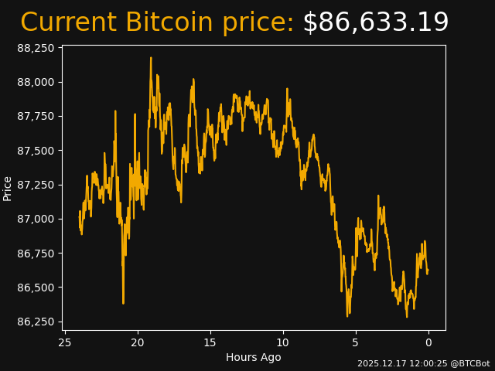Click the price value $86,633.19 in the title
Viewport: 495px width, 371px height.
click(375, 23)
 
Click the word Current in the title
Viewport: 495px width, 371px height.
click(68, 23)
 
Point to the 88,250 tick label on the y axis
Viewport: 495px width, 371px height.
click(36, 48)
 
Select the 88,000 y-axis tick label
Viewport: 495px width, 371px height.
click(36, 82)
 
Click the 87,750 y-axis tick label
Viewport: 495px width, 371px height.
click(36, 116)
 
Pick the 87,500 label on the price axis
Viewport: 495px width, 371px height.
click(36, 151)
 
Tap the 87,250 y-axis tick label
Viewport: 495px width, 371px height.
click(36, 185)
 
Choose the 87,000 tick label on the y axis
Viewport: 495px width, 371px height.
click(36, 219)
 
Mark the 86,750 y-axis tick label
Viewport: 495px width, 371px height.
click(36, 254)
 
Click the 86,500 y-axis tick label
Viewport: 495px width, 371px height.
click(36, 288)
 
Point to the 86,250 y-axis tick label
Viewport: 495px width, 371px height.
click(36, 322)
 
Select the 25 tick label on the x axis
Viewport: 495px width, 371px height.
click(65, 342)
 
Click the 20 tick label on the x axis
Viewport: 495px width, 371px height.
click(138, 342)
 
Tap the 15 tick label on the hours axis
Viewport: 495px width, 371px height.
click(210, 342)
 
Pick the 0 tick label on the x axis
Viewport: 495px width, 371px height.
click(428, 342)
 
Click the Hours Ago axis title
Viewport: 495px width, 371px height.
click(253, 357)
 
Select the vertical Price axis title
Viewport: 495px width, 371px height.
click(8, 188)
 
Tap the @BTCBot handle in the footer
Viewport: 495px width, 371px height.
click(470, 363)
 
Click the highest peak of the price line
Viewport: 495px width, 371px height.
click(151, 58)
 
